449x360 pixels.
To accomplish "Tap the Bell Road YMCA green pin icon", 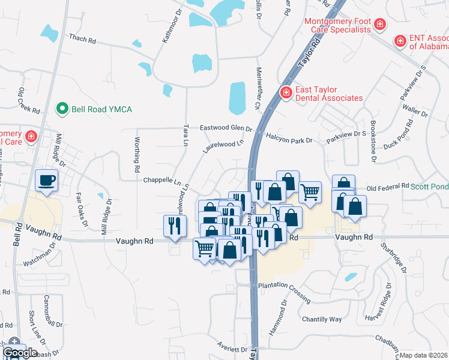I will [61, 109].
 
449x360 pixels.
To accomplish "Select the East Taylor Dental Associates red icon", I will [286, 92].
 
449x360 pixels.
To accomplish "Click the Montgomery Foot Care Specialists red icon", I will [379, 25].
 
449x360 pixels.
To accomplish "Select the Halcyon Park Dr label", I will [289, 139].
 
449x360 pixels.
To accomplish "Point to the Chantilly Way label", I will [322, 319].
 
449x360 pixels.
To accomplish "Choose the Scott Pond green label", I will [429, 187].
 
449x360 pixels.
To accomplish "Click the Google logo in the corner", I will [20, 353].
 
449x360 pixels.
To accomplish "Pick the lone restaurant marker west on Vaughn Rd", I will [172, 226].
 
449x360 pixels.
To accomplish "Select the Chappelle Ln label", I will [161, 180].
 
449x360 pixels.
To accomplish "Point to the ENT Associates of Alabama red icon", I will [400, 41].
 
